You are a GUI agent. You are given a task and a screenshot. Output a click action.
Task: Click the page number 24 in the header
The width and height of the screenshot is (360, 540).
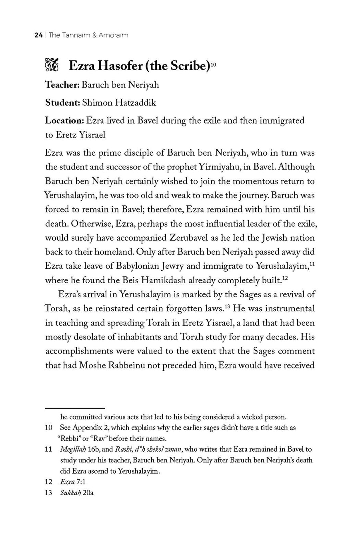point(38,35)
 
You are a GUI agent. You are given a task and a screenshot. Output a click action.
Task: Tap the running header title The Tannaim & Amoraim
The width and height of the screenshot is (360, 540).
point(88,35)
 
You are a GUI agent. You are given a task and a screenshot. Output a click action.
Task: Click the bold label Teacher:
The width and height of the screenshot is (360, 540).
point(62,85)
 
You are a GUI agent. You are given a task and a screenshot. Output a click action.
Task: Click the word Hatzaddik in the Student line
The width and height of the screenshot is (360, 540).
point(136,103)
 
